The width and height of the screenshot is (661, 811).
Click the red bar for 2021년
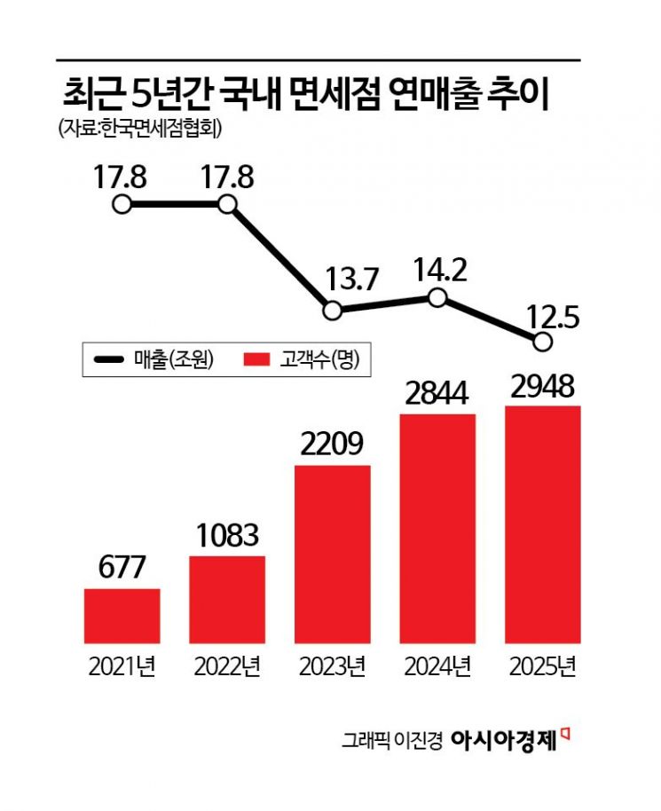pos(122,616)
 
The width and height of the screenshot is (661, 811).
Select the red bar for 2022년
pos(227,599)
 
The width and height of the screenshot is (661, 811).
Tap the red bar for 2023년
pos(332,554)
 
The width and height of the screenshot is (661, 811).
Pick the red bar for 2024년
pos(437,528)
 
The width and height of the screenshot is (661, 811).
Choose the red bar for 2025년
pos(543,524)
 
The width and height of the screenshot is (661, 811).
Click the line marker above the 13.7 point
pos(332,311)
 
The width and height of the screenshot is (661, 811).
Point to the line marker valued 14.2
pos(437,298)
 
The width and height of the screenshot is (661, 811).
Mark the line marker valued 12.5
pos(543,341)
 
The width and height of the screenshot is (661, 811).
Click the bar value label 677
pos(122,569)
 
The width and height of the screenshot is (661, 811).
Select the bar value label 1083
pos(227,536)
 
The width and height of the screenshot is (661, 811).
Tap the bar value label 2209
pos(332,445)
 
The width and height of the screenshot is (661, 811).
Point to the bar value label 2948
pos(543,386)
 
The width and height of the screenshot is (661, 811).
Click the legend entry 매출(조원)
pos(155,359)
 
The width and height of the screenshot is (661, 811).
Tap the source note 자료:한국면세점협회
pos(139,129)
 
